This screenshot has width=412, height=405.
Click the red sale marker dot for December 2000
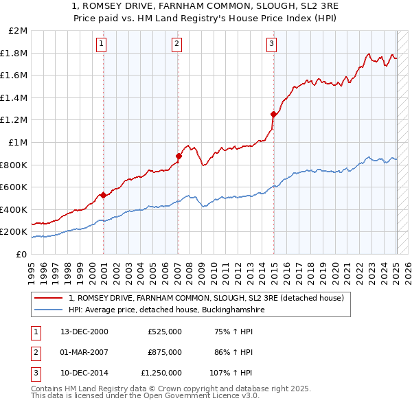tap(104, 195)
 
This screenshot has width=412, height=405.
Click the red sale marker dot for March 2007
tap(179, 156)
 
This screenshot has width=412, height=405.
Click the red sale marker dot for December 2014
tap(273, 114)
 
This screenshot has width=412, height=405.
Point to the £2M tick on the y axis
tap(18, 31)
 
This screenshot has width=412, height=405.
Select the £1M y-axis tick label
tap(18, 143)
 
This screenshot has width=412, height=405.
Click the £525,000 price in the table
tap(164, 332)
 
